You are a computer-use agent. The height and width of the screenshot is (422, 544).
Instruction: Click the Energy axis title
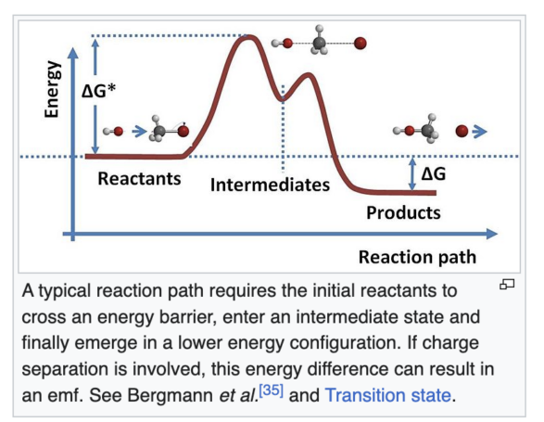[x=52, y=89]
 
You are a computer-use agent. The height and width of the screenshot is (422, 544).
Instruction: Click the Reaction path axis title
[x=417, y=257]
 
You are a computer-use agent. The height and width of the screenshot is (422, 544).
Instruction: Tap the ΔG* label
[x=99, y=91]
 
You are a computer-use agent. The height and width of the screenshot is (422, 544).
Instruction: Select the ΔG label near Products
[x=434, y=173]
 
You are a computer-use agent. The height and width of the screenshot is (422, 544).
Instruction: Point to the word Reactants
[x=139, y=178]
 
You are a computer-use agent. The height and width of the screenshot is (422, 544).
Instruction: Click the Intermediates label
[x=270, y=185]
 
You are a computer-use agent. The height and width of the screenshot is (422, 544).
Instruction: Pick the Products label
[x=403, y=212]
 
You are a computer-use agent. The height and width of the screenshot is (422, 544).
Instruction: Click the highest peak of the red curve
[x=247, y=37]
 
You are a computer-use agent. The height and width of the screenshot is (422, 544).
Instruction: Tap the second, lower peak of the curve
[x=308, y=75]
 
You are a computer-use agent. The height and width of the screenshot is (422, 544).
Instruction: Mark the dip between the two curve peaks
[x=283, y=99]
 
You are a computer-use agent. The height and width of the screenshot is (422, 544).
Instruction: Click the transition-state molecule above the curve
[x=319, y=42]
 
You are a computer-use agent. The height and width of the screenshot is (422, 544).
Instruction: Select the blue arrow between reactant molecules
[x=139, y=132]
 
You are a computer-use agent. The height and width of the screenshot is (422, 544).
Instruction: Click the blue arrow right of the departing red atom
[x=480, y=132]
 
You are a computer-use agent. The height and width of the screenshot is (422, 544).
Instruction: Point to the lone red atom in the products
[x=462, y=132]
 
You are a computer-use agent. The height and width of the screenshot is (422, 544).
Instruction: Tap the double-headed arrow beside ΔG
[x=412, y=174]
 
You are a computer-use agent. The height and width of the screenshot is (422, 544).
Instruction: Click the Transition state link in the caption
[x=388, y=395]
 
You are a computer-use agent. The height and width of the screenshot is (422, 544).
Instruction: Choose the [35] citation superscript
[x=272, y=390]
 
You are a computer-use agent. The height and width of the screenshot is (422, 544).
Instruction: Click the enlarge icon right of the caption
[x=507, y=285]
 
